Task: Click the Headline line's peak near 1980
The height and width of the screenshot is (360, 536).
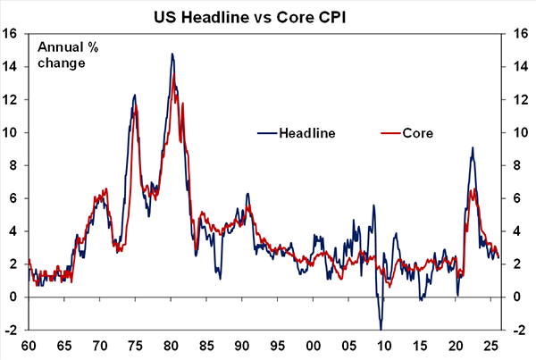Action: (x=172, y=54)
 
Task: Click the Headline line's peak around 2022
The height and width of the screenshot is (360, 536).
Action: (x=472, y=148)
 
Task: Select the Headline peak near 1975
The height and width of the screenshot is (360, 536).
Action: (x=135, y=95)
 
